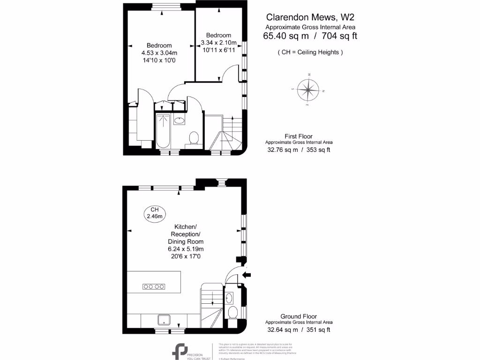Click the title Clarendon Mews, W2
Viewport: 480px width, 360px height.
[310, 17]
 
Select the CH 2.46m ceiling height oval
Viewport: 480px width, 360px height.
[154, 213]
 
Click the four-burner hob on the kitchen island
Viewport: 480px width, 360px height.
[153, 286]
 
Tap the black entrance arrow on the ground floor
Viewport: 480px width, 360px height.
[247, 275]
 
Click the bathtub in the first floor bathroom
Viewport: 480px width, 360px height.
[163, 132]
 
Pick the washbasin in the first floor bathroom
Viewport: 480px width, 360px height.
[179, 121]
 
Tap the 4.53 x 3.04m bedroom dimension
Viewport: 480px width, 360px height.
[159, 53]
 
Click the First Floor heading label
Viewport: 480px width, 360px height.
[299, 136]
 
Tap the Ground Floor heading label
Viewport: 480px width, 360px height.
[299, 316]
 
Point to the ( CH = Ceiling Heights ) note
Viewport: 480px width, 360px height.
[310, 52]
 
